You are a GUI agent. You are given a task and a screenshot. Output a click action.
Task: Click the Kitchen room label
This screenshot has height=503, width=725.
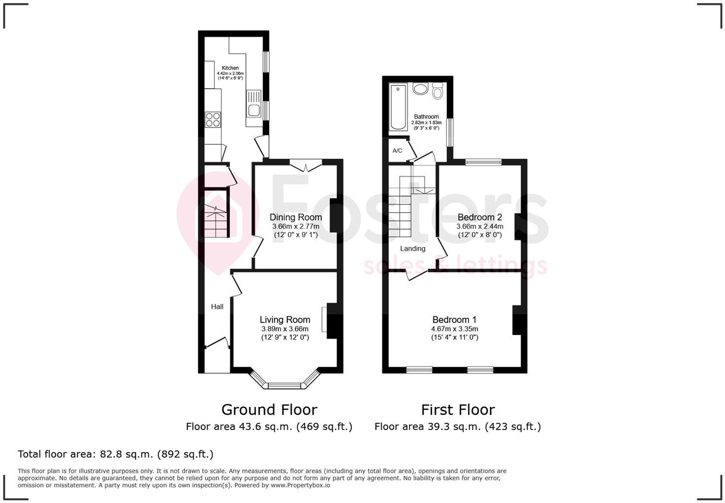tap(230, 68)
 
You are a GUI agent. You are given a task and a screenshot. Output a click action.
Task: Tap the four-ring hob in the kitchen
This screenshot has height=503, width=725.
tap(213, 119)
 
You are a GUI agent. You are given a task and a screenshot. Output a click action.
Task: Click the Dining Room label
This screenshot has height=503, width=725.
tap(295, 217)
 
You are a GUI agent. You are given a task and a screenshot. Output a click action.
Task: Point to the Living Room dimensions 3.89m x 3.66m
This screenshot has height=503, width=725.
tap(285, 329)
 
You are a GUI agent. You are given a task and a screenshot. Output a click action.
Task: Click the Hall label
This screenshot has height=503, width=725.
tap(217, 307)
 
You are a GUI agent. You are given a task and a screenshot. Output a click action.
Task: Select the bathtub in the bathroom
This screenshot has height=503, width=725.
tap(398, 107)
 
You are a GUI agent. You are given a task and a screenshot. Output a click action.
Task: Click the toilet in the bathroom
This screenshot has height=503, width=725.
tap(437, 91)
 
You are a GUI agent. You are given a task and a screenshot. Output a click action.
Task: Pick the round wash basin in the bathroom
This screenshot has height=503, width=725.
tap(421, 89)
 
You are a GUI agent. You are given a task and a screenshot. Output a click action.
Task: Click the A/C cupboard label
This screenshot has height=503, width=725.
tap(397, 151)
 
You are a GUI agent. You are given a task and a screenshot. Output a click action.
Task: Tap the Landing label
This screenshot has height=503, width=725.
tap(412, 249)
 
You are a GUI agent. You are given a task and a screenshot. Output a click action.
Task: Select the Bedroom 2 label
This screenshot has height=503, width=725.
tap(479, 217)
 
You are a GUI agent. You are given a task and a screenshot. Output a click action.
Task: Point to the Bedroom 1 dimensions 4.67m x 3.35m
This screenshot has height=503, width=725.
tap(455, 329)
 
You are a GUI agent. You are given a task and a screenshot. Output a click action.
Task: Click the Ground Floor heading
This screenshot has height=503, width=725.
tap(269, 409)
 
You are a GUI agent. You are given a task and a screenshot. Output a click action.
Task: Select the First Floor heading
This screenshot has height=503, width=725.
tap(457, 409)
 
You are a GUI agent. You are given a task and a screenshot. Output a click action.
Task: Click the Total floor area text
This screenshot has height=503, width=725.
tap(116, 454)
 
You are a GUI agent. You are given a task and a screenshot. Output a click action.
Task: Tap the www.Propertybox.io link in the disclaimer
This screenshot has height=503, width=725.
tap(300, 485)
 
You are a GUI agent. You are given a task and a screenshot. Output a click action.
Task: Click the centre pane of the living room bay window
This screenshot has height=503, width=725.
tap(285, 385)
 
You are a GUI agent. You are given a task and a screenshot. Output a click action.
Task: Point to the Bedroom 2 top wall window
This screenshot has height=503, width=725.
tap(483, 162)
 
